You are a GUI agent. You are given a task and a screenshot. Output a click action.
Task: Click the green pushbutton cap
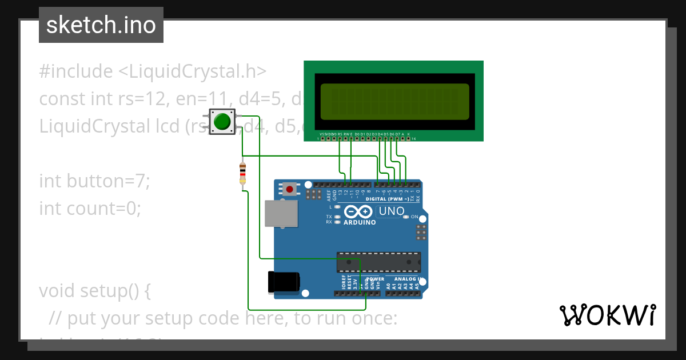[x=222, y=122]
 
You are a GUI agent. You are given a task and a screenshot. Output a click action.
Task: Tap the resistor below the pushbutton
[x=243, y=173]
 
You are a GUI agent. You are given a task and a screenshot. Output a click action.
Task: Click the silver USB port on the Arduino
[x=280, y=213]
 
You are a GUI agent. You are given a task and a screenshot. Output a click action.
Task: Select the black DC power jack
[x=284, y=281]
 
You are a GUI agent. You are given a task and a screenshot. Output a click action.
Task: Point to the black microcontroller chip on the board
[x=378, y=262]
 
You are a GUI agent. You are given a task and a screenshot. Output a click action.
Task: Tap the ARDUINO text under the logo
[x=360, y=222]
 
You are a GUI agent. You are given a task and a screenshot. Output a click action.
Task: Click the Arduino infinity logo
[x=360, y=212]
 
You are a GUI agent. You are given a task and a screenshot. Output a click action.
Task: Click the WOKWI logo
[x=608, y=315]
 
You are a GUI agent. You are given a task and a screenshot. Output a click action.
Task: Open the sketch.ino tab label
[x=101, y=25]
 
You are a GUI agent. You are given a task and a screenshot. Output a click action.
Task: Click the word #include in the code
[x=76, y=71]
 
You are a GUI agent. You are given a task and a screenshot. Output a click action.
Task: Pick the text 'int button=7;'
[x=94, y=181]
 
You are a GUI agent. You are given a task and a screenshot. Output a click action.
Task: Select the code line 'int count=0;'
[x=90, y=209]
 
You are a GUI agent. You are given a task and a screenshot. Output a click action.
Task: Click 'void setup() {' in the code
[x=95, y=291]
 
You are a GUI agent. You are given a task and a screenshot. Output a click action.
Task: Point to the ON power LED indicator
[x=406, y=217]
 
